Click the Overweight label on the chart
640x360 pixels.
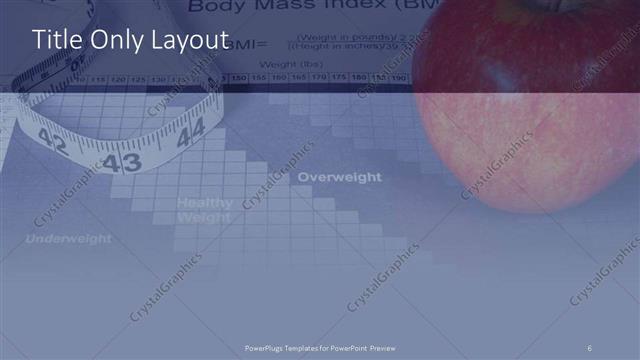(339, 177)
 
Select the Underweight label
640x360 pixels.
(68, 239)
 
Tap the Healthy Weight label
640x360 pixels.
(204, 209)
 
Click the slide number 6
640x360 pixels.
(589, 347)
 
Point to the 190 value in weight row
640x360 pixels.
(397, 77)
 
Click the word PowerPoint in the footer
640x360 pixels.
(350, 347)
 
